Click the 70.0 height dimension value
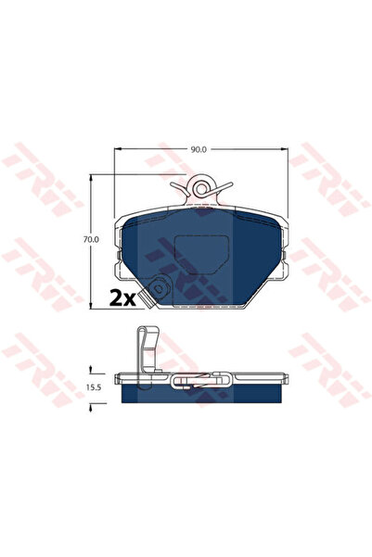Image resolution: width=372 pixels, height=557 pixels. [x=90, y=239]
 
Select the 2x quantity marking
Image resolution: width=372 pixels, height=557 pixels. [x=122, y=298]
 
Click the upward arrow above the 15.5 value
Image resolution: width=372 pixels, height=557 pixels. [x=90, y=367]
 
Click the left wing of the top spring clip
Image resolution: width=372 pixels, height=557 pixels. [x=180, y=188]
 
